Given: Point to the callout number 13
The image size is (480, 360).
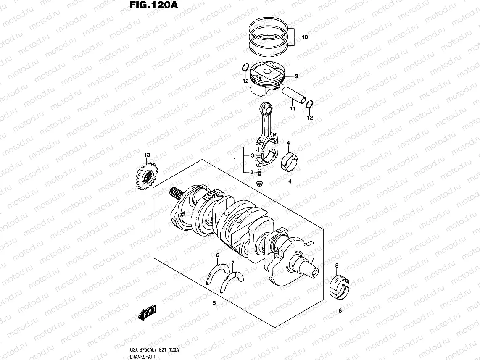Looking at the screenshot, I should click(x=147, y=155).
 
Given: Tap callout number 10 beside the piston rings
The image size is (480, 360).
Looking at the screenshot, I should click(x=304, y=37).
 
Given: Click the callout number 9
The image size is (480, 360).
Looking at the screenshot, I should click(x=296, y=76).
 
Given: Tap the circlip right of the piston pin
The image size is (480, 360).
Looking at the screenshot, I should click(x=309, y=105).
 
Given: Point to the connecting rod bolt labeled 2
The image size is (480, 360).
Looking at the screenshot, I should click(x=259, y=179).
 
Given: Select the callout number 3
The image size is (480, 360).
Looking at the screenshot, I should click(x=252, y=155).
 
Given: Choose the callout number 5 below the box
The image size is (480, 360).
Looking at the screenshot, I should click(x=214, y=302).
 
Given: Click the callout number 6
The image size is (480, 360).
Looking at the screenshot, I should click(x=218, y=255).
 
